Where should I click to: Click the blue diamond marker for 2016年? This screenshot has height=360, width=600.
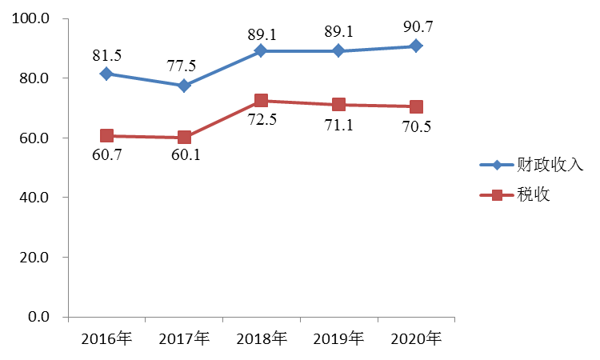point(106,74)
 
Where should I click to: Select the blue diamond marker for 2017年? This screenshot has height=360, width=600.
point(184,86)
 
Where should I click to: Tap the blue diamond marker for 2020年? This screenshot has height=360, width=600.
point(417,46)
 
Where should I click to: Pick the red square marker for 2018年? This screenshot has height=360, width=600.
point(261,101)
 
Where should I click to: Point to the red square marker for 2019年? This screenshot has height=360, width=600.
point(339,105)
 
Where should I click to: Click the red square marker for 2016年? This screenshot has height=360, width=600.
point(106,136)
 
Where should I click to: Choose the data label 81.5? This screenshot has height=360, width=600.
point(106,54)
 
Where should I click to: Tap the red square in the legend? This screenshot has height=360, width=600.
point(497,195)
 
